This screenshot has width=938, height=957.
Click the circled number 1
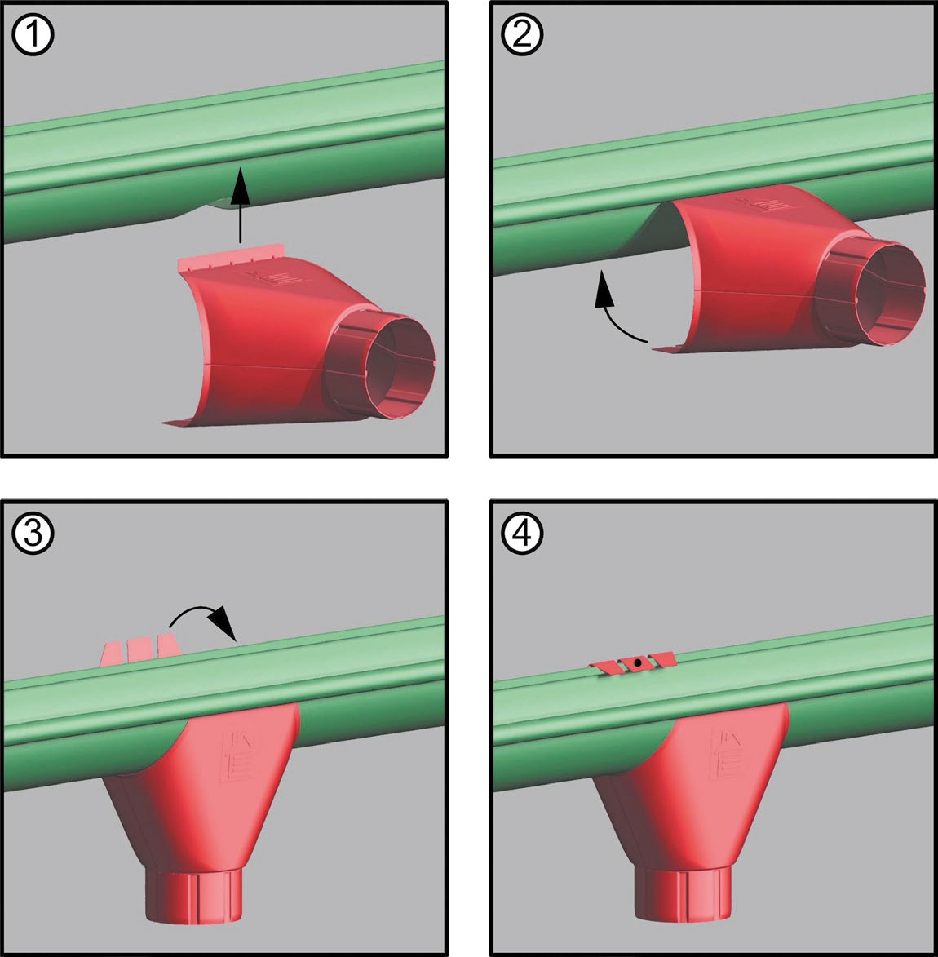click(33, 34)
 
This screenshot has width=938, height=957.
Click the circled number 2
click(522, 34)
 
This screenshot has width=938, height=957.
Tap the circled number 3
click(33, 533)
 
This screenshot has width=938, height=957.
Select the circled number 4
click(522, 533)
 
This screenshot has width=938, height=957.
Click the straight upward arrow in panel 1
click(241, 205)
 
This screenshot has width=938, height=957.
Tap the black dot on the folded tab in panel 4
click(637, 662)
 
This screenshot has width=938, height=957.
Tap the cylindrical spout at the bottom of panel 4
click(683, 894)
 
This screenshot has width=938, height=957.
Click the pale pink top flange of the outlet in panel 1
click(232, 257)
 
